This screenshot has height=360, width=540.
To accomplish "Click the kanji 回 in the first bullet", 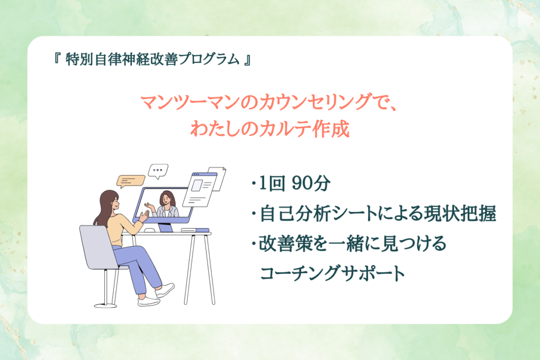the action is coord(277,183).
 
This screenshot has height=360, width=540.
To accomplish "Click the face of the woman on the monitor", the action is coord(166,199).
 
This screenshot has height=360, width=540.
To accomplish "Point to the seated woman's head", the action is coord(110,201).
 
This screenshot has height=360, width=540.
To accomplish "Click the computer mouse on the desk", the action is coord(149,230).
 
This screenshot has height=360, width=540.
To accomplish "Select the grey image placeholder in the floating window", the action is coord(197,186).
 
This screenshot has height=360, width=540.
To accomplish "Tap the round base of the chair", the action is coord(105,305).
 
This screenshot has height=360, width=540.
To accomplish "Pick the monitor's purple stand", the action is coord(165,227).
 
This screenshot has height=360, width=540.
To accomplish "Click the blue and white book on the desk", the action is coord(195,230).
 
